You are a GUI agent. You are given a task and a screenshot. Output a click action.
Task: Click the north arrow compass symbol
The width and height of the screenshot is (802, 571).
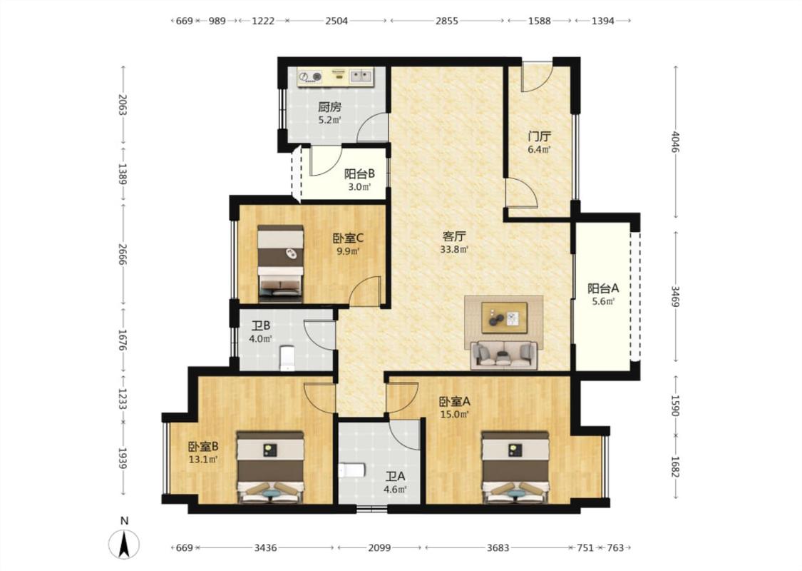[x=124, y=544]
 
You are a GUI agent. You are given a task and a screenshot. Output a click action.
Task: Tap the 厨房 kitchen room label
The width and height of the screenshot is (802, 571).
[x=329, y=107]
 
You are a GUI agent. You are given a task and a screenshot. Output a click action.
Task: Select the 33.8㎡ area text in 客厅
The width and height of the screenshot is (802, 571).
[x=454, y=250]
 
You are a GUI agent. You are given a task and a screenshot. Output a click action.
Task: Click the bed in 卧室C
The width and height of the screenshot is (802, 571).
[x=280, y=262]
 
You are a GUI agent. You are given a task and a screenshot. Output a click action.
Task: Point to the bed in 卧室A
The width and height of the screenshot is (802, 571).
[x=515, y=467]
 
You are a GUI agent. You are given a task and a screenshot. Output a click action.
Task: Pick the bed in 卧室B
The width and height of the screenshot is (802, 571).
[x=270, y=467]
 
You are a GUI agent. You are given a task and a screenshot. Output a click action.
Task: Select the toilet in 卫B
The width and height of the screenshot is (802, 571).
[x=287, y=358]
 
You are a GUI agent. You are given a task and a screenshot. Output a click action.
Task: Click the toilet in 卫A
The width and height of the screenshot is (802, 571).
[x=351, y=470]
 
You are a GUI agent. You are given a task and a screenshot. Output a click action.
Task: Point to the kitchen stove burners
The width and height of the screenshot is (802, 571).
[x=310, y=77]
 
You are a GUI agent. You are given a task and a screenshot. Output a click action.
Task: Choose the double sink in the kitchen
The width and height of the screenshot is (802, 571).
[x=361, y=76]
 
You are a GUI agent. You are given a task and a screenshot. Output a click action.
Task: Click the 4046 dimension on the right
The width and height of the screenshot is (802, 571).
[x=677, y=142]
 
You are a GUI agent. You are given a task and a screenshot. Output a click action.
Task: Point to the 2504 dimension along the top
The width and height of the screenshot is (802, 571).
[x=336, y=21]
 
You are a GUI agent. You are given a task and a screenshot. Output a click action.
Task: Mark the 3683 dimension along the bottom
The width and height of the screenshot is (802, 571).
[x=498, y=548]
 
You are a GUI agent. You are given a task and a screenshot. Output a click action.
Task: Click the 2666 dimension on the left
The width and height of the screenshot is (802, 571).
[x=122, y=255]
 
